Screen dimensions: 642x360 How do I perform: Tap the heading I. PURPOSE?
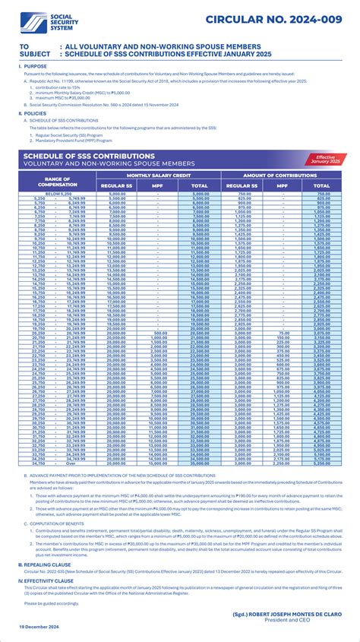(x=33, y=67)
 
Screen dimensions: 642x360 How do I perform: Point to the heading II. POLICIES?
(x=33, y=112)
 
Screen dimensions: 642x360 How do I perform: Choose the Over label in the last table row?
(x=72, y=462)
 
